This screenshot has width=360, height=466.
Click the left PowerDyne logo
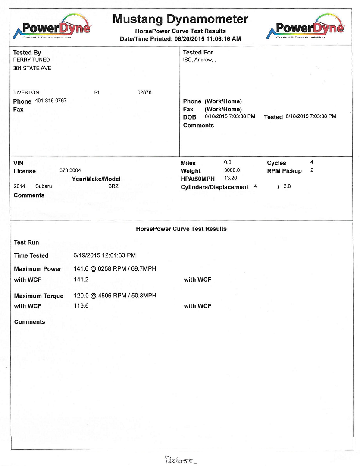click(x=52, y=27)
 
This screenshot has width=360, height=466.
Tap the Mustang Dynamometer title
click(x=180, y=19)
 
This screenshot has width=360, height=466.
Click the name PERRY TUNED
click(x=31, y=60)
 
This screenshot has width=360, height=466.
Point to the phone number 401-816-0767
click(x=50, y=101)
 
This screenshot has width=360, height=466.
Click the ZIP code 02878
click(x=144, y=92)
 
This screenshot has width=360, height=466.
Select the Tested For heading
click(x=198, y=52)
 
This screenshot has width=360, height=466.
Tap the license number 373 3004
click(x=70, y=171)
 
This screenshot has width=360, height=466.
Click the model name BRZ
click(x=113, y=186)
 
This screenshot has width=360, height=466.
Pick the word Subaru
click(x=44, y=186)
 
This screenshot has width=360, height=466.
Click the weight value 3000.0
click(x=232, y=170)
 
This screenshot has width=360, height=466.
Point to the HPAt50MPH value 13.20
click(x=231, y=178)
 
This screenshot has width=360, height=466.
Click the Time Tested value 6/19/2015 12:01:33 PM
click(x=105, y=255)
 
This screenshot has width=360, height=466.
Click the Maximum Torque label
click(x=39, y=296)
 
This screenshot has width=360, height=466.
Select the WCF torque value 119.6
click(x=81, y=306)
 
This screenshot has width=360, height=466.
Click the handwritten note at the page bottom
click(x=180, y=461)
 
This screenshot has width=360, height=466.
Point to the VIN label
click(x=19, y=164)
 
